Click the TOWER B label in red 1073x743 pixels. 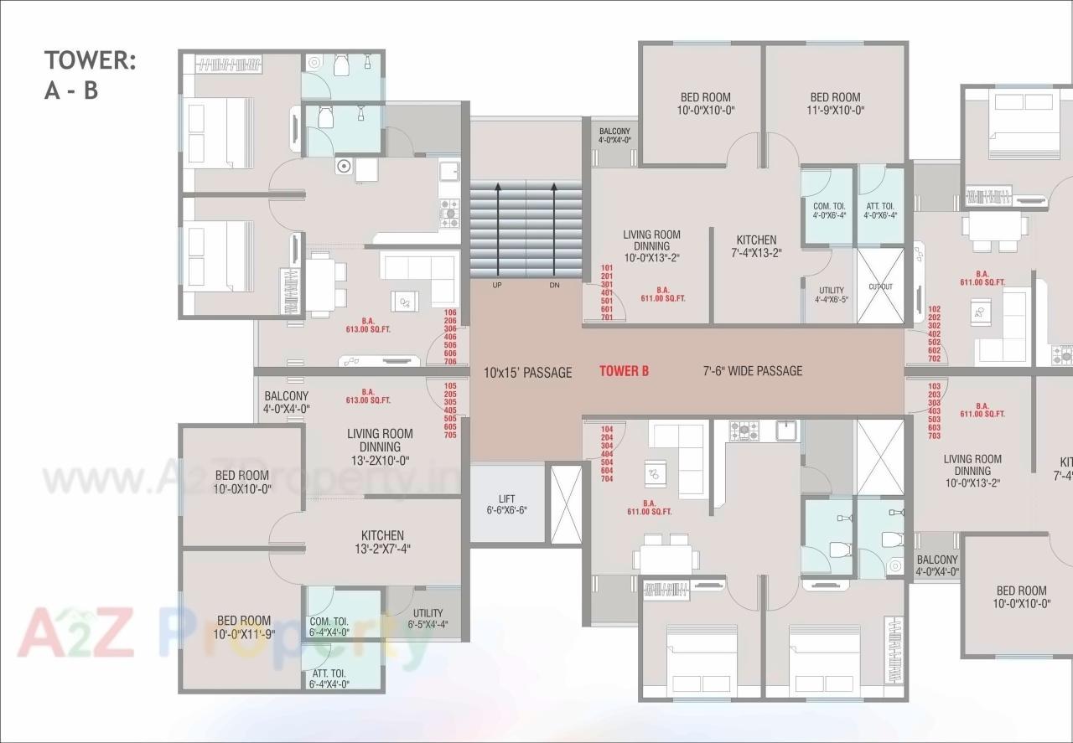coord(624,371)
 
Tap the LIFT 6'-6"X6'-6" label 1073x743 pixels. coord(506,503)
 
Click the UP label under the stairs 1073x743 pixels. coord(497,285)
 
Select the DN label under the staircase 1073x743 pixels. coord(554,285)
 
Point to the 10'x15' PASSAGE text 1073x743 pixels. coord(527,372)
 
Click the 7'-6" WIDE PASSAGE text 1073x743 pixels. coord(752,371)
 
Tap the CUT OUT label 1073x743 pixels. coord(880,286)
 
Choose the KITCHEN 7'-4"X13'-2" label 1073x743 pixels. coord(756,246)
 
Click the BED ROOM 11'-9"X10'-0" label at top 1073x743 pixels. coord(835,103)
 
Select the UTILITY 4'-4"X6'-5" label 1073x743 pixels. coord(831,296)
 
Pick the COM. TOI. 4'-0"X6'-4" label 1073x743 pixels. coord(829,210)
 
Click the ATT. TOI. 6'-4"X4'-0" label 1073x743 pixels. coord(328,679)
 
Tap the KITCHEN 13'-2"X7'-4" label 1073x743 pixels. coord(382,542)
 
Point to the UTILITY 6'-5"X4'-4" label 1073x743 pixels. coord(428,618)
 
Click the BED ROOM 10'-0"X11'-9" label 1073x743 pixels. coord(243,627)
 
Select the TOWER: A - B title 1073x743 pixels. coord(89,75)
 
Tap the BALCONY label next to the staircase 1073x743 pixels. coord(614,136)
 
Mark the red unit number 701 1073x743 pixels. coord(607,317)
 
